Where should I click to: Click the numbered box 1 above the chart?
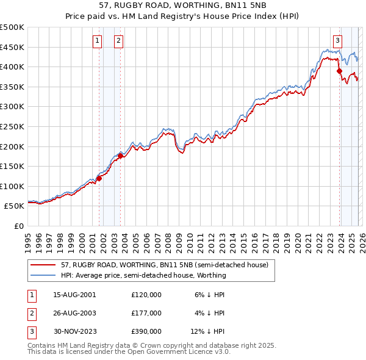coord(97,41)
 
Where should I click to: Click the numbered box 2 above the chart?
coord(118,41)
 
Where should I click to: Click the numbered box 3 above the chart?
coord(337,41)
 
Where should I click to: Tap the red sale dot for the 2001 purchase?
coord(99,178)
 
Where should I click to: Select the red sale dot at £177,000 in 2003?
coord(121,156)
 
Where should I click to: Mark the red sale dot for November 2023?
coord(339,71)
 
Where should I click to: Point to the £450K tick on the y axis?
coord(12,47)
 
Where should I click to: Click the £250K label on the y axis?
coord(12,126)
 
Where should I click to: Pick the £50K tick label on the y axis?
coord(15,206)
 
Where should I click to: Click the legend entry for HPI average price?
coord(143,275)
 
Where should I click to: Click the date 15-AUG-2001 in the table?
coord(74,294)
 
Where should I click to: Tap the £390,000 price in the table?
coord(146,331)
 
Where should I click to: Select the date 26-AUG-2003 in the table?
coord(74,312)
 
